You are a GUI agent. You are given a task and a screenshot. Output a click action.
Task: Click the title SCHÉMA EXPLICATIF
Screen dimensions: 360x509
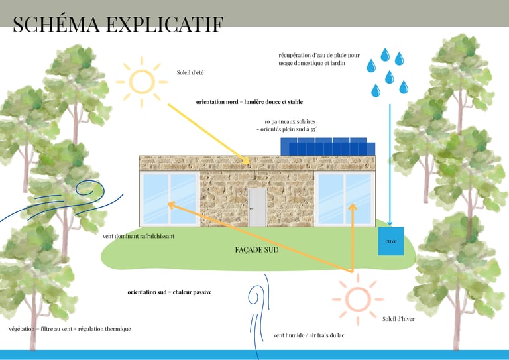point(118,24)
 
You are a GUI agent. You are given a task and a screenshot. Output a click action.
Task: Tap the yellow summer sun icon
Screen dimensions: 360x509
point(141,81)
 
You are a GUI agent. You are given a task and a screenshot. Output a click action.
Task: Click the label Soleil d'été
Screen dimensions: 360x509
point(190,72)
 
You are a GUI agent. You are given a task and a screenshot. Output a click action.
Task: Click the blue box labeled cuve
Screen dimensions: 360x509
point(391,241)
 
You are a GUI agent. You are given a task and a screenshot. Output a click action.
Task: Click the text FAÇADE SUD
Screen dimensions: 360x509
point(256,251)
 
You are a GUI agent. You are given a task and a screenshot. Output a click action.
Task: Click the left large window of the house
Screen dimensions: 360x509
point(170,198)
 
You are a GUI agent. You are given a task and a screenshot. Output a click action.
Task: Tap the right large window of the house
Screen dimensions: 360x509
point(344,198)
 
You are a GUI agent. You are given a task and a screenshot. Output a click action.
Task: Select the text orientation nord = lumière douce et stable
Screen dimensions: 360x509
point(249,102)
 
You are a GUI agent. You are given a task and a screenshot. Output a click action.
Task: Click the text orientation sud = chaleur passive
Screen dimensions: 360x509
point(170,292)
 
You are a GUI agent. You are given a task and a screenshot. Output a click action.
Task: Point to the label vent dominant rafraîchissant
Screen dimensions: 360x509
point(139,236)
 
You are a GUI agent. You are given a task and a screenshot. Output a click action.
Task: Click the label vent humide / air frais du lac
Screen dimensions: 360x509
point(309,335)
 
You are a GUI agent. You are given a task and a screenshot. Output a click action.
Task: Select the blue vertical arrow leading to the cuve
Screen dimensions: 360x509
point(390,159)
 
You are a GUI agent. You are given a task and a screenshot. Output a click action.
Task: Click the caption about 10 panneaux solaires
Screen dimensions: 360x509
point(290,126)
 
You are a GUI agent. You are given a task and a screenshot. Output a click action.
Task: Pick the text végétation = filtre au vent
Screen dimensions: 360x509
point(70,329)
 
